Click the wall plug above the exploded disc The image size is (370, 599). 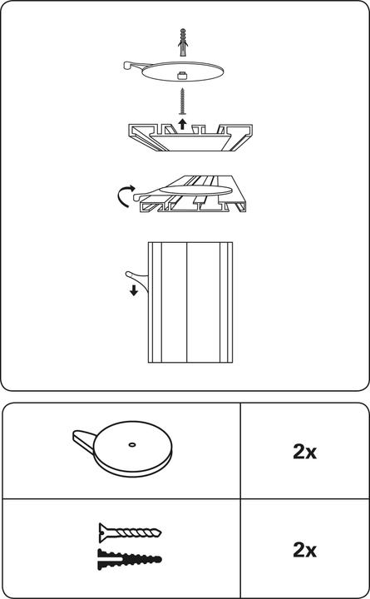point(185,42)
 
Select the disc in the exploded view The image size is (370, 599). point(187,72)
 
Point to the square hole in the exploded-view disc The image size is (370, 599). point(183,77)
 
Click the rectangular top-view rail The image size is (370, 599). point(190,303)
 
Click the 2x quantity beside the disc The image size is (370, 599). point(304,453)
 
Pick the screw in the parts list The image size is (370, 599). point(128,532)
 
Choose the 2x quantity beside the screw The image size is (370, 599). point(304,550)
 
